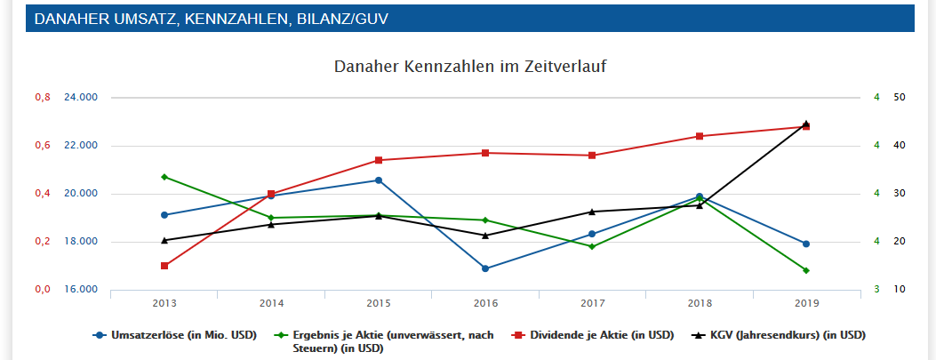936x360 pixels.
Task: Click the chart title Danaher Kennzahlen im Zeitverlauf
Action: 470,67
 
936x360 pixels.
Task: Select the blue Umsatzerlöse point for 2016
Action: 485,268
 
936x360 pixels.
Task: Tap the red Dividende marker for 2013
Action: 164,266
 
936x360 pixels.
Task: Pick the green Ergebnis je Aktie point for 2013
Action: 164,177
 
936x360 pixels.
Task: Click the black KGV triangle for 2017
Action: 593,212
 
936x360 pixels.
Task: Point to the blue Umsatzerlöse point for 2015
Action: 379,180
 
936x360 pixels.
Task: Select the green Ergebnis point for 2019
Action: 806,270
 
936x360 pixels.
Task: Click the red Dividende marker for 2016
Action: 485,153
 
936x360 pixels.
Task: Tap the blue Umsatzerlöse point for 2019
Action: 806,244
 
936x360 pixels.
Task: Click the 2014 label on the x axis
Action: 271,304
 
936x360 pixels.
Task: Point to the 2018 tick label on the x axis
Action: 700,304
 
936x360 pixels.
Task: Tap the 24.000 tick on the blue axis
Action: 81,98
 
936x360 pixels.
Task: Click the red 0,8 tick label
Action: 43,98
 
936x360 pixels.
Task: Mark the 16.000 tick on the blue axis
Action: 81,290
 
